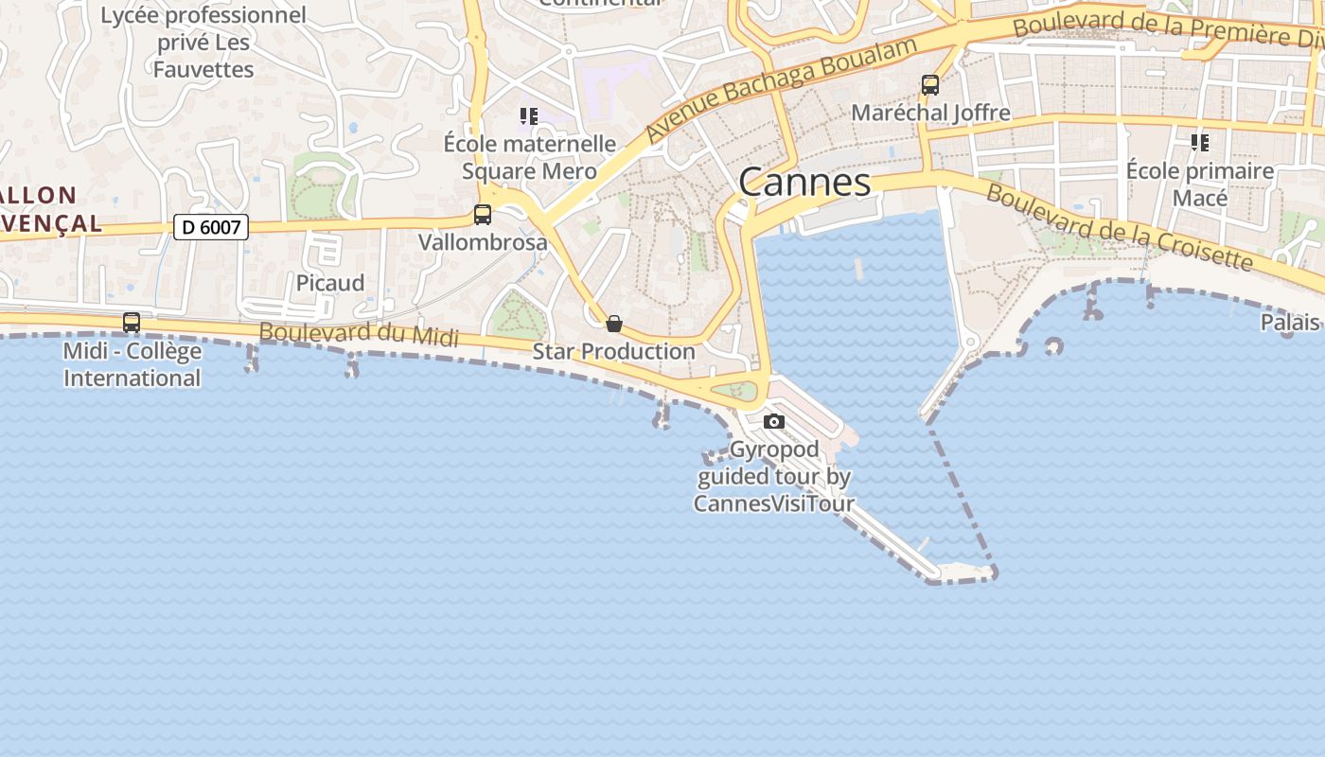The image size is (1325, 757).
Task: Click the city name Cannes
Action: pyautogui.click(x=804, y=182)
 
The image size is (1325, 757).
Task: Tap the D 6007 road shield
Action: pyautogui.click(x=211, y=227)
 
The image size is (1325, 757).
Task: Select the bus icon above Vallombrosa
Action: pyautogui.click(x=483, y=215)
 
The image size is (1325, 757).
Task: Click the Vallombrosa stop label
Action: pyautogui.click(x=483, y=242)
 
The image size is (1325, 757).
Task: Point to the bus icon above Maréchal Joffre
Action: pyautogui.click(x=930, y=85)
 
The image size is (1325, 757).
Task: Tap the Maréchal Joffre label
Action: pyautogui.click(x=930, y=113)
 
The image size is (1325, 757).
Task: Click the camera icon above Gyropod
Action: pyautogui.click(x=774, y=421)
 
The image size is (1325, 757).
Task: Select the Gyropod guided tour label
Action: pyautogui.click(x=774, y=476)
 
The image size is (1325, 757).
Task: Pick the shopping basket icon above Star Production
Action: pyautogui.click(x=614, y=324)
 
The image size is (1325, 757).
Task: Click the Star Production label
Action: pyautogui.click(x=614, y=351)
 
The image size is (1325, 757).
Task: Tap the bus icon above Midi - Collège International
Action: pyautogui.click(x=132, y=323)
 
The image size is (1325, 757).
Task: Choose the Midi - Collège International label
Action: pyautogui.click(x=132, y=364)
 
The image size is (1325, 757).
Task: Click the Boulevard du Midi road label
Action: pyautogui.click(x=359, y=334)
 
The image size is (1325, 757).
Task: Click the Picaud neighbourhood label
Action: pyautogui.click(x=330, y=283)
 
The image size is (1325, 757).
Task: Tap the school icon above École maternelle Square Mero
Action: pyautogui.click(x=529, y=116)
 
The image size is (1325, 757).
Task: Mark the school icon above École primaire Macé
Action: pyautogui.click(x=1200, y=143)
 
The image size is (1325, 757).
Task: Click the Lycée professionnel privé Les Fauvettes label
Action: pyautogui.click(x=203, y=43)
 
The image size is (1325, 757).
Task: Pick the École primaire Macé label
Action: pyautogui.click(x=1200, y=185)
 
